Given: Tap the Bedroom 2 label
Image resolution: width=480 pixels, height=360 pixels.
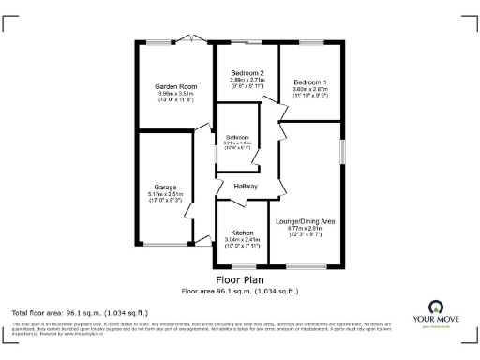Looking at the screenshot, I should [x=247, y=73].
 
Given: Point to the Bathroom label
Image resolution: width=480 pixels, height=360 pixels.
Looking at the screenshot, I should [x=237, y=137].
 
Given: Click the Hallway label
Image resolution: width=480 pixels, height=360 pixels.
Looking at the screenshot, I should [x=246, y=186].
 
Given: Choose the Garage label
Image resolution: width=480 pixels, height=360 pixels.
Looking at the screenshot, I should [x=165, y=187].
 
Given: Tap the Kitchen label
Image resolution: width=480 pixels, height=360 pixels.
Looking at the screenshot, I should [x=242, y=232].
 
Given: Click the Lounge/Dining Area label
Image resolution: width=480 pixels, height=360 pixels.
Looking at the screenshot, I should [x=306, y=221].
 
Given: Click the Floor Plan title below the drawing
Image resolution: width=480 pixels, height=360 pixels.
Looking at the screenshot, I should [x=240, y=279].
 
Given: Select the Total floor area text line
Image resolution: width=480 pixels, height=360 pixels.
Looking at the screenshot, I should [x=74, y=312].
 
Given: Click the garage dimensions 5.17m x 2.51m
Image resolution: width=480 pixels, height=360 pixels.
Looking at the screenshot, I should [x=165, y=194].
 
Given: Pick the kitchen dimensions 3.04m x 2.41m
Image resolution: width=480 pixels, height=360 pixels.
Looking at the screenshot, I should [x=242, y=240].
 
